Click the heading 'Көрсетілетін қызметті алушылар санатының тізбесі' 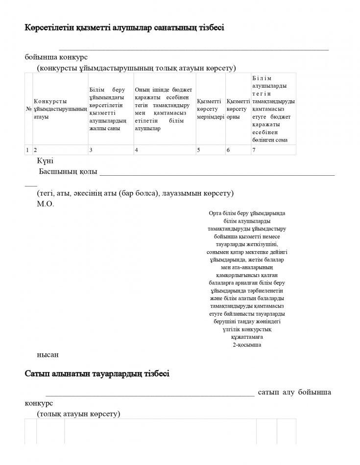pyautogui.click(x=124, y=28)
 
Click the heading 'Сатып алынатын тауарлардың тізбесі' pyautogui.click(x=97, y=374)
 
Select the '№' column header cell pyautogui.click(x=28, y=109)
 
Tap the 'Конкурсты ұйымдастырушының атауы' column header pyautogui.click(x=60, y=109)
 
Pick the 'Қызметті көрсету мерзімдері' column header pyautogui.click(x=210, y=109)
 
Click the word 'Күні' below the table pyautogui.click(x=45, y=161)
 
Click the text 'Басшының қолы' pyautogui.click(x=68, y=172)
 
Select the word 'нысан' pyautogui.click(x=48, y=354)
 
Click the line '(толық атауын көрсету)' pyautogui.click(x=78, y=414)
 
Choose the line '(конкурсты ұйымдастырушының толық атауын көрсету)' pyautogui.click(x=137, y=68)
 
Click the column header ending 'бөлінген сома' pyautogui.click(x=273, y=109)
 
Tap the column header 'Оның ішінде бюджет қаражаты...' pyautogui.click(x=164, y=109)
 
